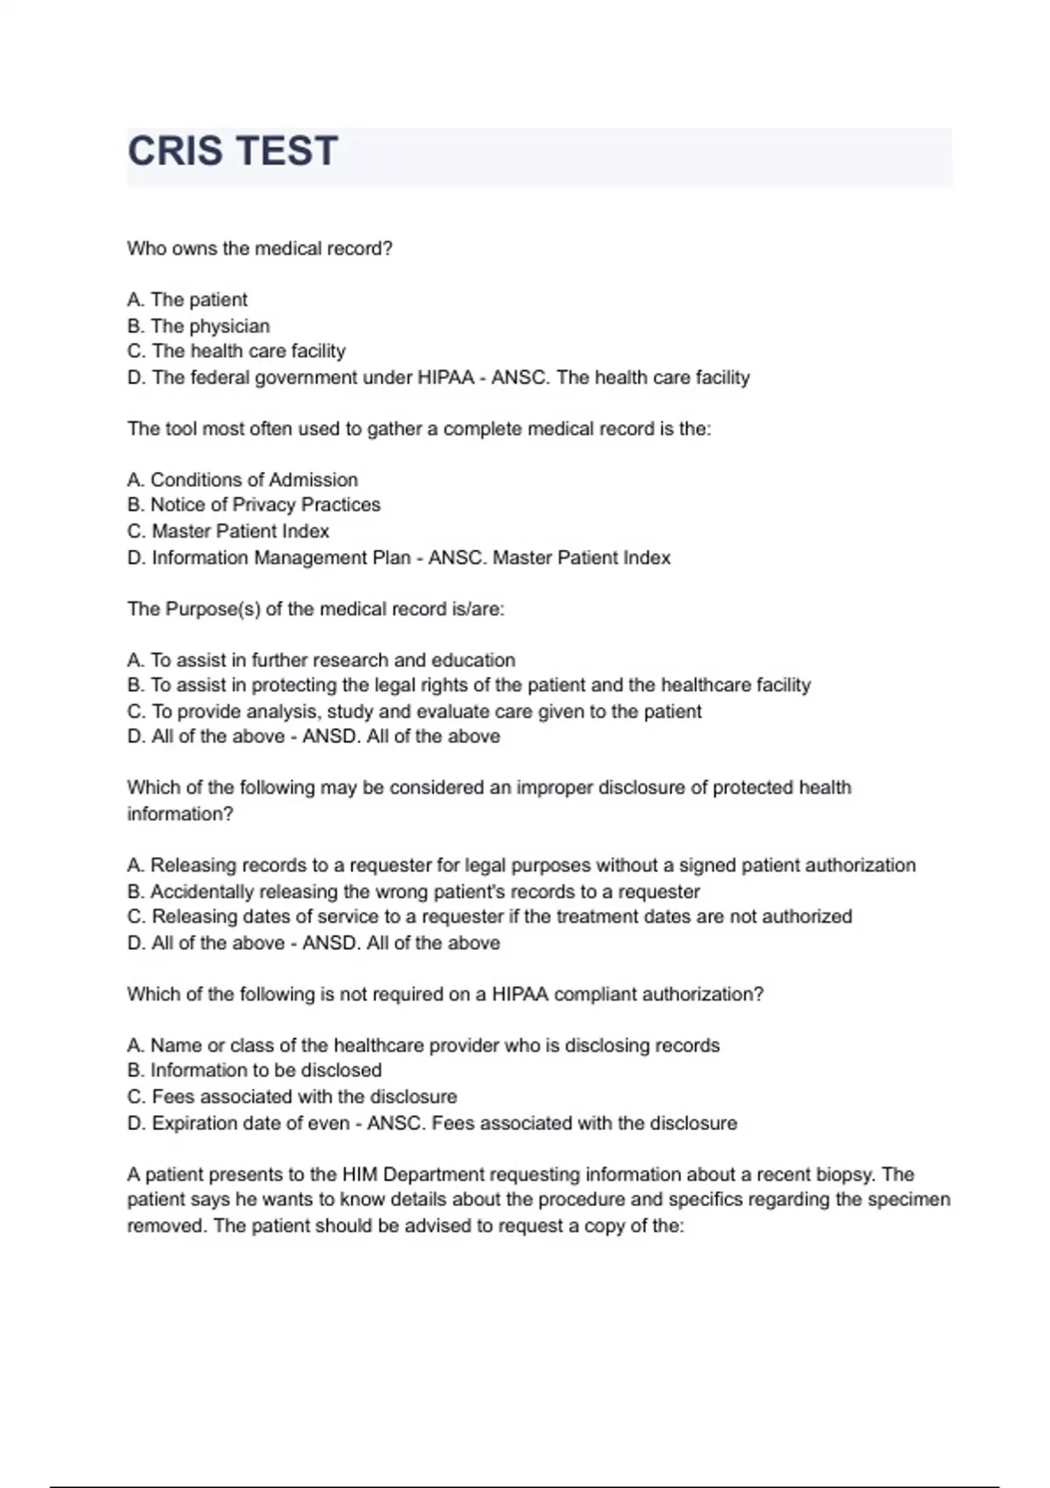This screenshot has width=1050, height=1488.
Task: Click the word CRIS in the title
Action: click(175, 151)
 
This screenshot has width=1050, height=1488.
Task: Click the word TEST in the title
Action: click(286, 151)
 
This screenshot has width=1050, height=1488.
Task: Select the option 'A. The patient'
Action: click(187, 299)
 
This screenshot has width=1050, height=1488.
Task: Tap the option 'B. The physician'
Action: click(199, 326)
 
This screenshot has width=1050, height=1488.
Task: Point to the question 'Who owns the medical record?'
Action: click(260, 249)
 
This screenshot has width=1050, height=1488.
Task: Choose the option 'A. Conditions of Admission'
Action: click(242, 480)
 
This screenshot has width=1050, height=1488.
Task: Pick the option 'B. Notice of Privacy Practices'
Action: click(254, 505)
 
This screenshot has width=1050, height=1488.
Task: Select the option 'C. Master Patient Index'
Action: click(228, 531)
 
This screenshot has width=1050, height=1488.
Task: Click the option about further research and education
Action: click(321, 660)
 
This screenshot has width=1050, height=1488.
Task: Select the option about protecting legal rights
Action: click(469, 684)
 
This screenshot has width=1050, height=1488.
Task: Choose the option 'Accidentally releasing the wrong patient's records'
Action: click(414, 891)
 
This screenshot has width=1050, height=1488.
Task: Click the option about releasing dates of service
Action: click(489, 916)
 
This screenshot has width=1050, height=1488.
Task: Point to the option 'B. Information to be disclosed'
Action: click(255, 1070)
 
